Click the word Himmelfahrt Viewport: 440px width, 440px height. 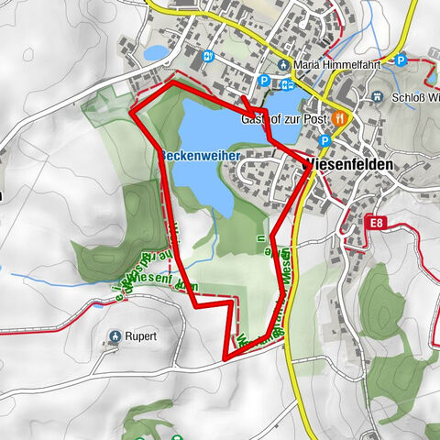[348, 65]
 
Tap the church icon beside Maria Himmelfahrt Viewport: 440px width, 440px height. [285, 65]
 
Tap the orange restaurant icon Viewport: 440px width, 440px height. [341, 117]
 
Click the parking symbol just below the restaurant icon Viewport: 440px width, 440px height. [324, 140]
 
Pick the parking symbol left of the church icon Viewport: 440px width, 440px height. [264, 81]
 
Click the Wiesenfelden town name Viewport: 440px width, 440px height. [348, 164]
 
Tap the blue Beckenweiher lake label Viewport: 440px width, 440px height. [201, 157]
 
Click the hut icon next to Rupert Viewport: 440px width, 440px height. [114, 336]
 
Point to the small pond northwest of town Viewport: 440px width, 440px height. [156, 52]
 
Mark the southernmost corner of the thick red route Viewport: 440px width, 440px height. [225, 356]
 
